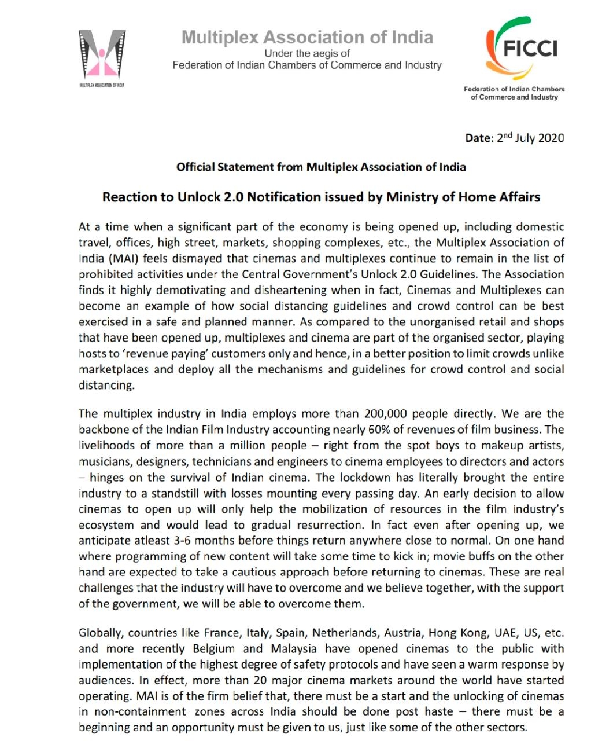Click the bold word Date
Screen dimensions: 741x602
[x=479, y=138]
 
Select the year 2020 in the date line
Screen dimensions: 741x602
[x=550, y=138]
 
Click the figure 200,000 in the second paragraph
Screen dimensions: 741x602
[x=386, y=414]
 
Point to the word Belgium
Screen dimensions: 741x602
[x=214, y=649]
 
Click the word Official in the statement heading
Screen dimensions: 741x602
[x=196, y=167]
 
